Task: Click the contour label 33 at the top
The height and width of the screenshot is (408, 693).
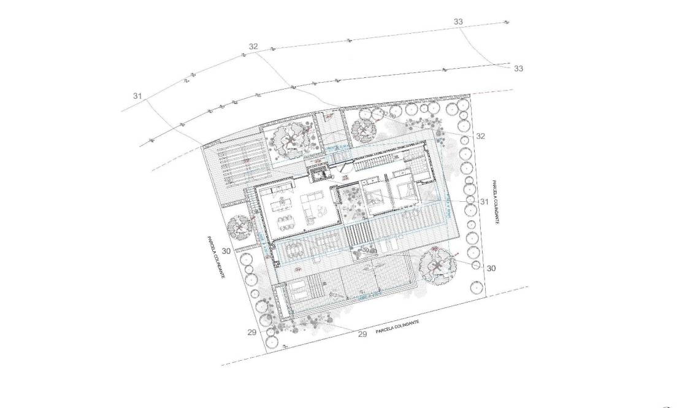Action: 458,21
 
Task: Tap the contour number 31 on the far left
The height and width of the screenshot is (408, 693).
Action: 137,96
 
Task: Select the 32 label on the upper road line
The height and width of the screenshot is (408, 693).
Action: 253,47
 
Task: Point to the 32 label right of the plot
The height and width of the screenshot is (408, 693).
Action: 480,136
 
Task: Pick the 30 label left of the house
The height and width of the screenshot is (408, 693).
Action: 226,251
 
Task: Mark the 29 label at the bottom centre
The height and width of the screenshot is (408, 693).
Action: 362,334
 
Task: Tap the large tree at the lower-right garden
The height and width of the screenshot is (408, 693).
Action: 437,265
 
